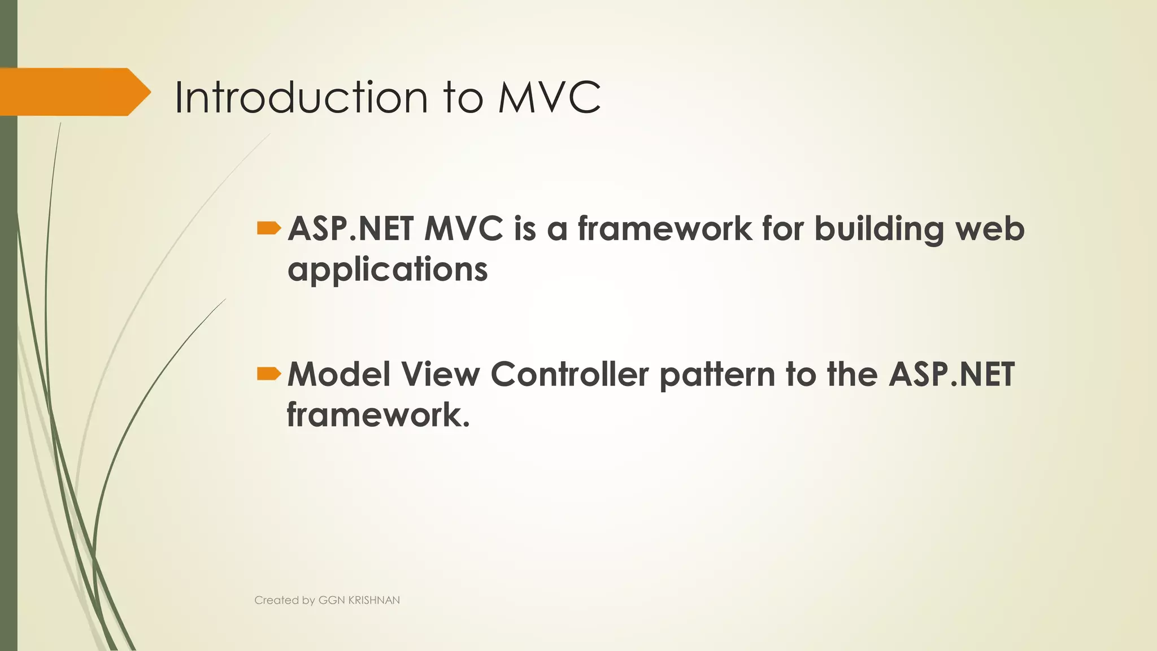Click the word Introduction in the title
tap(301, 97)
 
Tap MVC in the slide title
tap(549, 97)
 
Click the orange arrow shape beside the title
tap(73, 92)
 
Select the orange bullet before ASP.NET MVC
tap(268, 228)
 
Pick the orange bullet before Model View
tap(268, 374)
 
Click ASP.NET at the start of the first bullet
tap(350, 229)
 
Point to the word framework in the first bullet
tap(664, 229)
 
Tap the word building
tap(878, 230)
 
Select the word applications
tap(388, 270)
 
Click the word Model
tap(338, 374)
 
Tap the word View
tap(440, 374)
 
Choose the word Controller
tap(569, 374)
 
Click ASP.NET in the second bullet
tap(951, 374)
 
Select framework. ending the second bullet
tap(378, 415)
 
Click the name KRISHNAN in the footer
tap(374, 600)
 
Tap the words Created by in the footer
tap(284, 600)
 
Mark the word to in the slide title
tap(463, 97)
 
